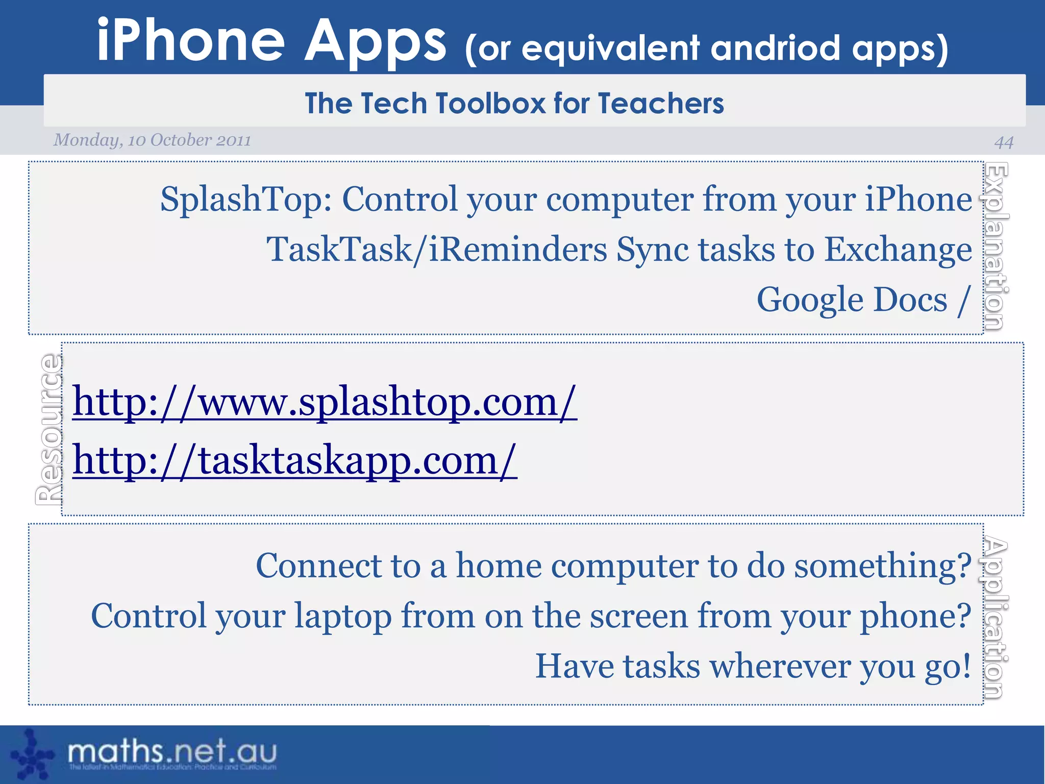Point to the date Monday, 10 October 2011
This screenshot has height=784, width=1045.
(152, 140)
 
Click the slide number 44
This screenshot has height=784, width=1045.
(1003, 142)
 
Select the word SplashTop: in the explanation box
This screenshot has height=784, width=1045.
(246, 199)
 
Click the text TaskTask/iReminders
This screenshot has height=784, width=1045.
(437, 250)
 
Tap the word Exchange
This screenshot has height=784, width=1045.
(898, 250)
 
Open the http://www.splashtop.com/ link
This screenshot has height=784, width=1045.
(325, 402)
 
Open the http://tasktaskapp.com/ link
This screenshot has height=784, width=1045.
(294, 460)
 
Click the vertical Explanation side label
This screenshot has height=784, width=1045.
(996, 246)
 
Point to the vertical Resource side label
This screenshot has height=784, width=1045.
(49, 429)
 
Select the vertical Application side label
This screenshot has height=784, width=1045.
(994, 618)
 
